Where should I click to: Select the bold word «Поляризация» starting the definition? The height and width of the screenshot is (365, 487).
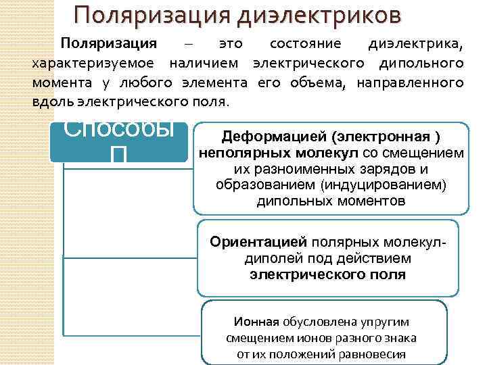pos(109,45)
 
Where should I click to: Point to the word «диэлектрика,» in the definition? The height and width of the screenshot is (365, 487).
pos(416,45)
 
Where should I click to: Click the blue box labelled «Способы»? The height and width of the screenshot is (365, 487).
pos(119,142)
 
